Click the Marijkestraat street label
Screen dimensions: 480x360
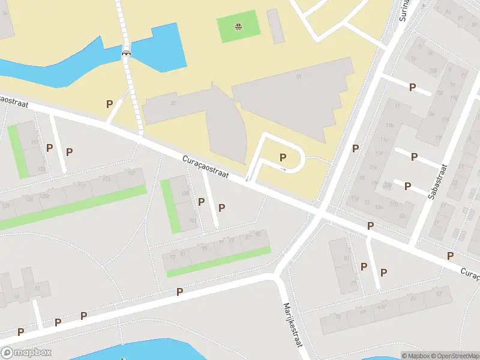point(292,322)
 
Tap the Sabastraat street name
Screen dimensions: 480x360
point(437,181)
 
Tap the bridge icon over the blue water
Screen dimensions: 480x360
point(126,52)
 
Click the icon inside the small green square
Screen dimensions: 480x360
point(239,26)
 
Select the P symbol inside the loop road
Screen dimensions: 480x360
point(283,158)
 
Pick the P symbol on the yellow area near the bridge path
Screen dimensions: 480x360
point(109,104)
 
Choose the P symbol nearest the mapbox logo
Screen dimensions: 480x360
point(20,332)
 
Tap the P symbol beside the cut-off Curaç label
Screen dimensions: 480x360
point(450,256)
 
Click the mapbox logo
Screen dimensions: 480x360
point(26,353)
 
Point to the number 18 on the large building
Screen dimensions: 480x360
point(298,76)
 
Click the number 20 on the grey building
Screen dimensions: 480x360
point(173,103)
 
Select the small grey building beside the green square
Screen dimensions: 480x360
point(275,26)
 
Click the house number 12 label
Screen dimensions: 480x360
point(37,288)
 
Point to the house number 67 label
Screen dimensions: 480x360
point(439,295)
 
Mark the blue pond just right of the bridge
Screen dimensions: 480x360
point(158,48)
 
